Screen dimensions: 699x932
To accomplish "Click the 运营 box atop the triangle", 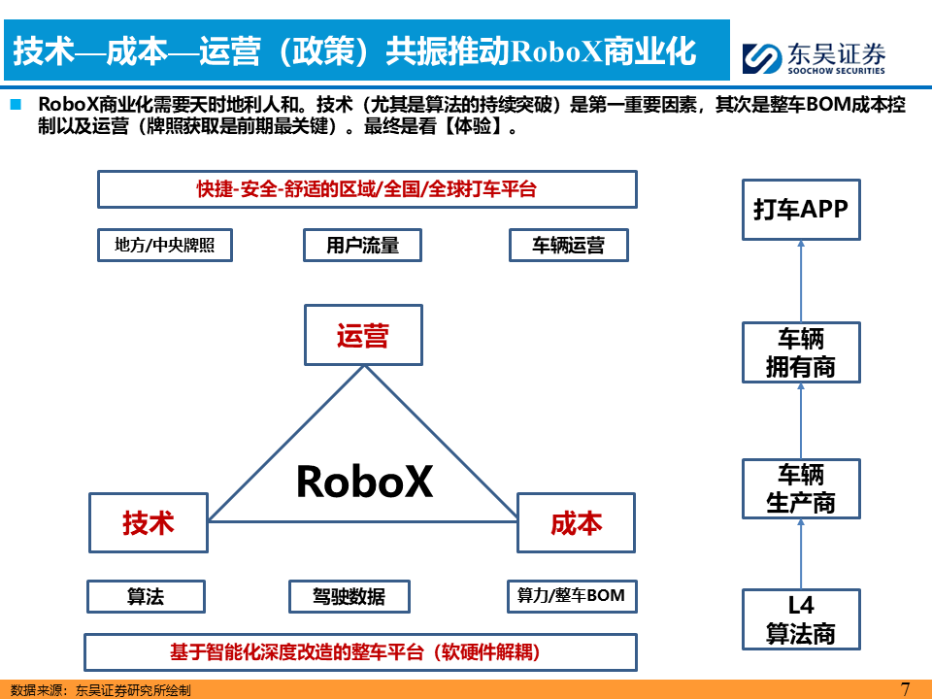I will [x=363, y=335].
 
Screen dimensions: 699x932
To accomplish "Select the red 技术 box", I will [x=148, y=522].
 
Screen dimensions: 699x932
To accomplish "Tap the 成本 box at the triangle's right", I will [x=576, y=522].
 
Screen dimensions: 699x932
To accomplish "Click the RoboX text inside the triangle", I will [x=363, y=481].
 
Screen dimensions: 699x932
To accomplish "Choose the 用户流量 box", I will [x=362, y=246].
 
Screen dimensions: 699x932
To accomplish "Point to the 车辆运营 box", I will [x=568, y=246].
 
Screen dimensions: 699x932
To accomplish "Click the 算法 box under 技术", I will [x=146, y=596].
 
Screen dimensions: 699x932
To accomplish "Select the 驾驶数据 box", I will [x=349, y=596].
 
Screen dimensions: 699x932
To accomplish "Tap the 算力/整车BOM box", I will [x=571, y=596].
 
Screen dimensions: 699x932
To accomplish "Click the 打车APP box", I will [x=801, y=209].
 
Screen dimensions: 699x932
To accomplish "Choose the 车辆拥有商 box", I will [x=801, y=352].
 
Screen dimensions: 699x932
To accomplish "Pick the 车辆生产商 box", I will [x=801, y=488].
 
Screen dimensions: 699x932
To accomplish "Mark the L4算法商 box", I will [x=801, y=619].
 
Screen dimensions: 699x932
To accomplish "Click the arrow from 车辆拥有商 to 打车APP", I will [x=801, y=282].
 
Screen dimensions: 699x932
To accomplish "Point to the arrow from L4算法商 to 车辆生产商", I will [x=801, y=553].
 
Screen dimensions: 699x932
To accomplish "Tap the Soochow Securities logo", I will [x=814, y=56].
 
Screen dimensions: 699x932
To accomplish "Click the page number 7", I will [x=905, y=688].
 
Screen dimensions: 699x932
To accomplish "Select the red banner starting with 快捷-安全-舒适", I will [x=367, y=189].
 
